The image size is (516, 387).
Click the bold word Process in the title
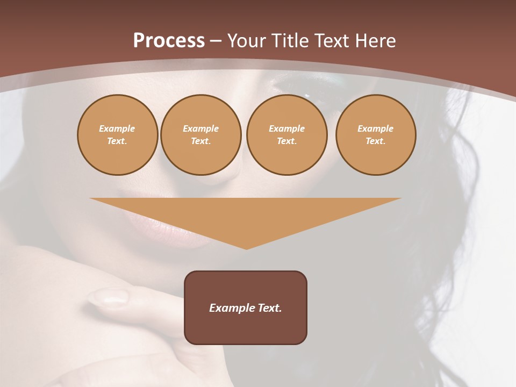point(169,41)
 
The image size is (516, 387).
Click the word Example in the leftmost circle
point(117,128)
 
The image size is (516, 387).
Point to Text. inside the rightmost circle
point(376,141)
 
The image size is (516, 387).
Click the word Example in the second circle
point(200,128)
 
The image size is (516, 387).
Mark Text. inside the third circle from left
point(286,141)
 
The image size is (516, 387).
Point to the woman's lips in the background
point(161,226)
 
